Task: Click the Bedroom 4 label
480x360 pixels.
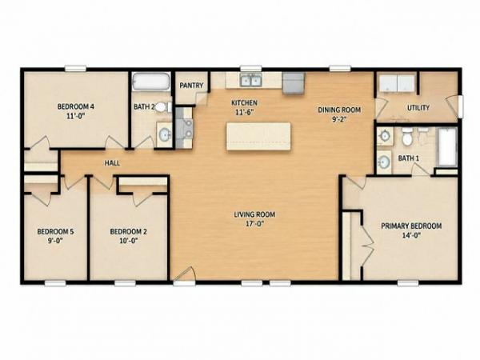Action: click(x=76, y=106)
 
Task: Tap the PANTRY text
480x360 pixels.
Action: click(x=191, y=86)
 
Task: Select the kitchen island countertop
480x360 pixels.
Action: click(x=258, y=136)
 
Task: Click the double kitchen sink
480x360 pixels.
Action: click(x=250, y=81)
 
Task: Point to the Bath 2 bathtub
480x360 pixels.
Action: click(x=151, y=81)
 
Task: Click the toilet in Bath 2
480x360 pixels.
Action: click(x=163, y=107)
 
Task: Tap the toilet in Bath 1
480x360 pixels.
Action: click(x=407, y=137)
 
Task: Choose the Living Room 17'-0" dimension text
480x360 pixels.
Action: click(x=254, y=223)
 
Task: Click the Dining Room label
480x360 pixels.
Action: click(x=339, y=110)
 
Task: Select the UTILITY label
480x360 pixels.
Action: click(x=418, y=108)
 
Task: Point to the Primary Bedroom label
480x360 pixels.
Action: click(x=411, y=226)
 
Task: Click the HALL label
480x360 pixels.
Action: click(x=112, y=163)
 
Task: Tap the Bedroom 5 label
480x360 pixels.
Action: click(x=55, y=231)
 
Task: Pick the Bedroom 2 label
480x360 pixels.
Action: click(x=128, y=231)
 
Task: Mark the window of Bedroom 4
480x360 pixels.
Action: click(x=75, y=69)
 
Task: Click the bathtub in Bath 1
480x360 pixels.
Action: click(x=447, y=147)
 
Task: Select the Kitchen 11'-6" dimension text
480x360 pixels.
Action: click(x=245, y=112)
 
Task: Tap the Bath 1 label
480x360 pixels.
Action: click(x=408, y=158)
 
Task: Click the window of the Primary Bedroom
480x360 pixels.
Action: click(x=408, y=283)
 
